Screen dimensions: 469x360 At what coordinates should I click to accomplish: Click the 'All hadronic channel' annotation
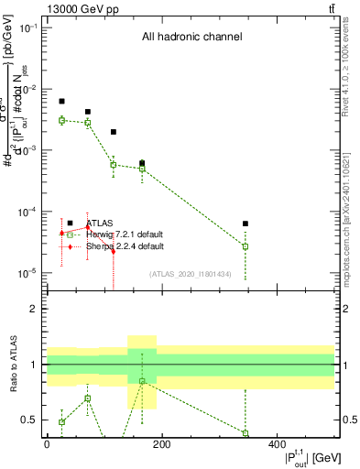tap(191, 38)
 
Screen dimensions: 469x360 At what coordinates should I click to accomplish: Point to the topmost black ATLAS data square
tap(61, 101)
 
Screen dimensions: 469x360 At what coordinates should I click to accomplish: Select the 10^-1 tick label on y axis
tap(27, 28)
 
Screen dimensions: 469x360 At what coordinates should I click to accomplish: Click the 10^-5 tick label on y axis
tap(27, 273)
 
